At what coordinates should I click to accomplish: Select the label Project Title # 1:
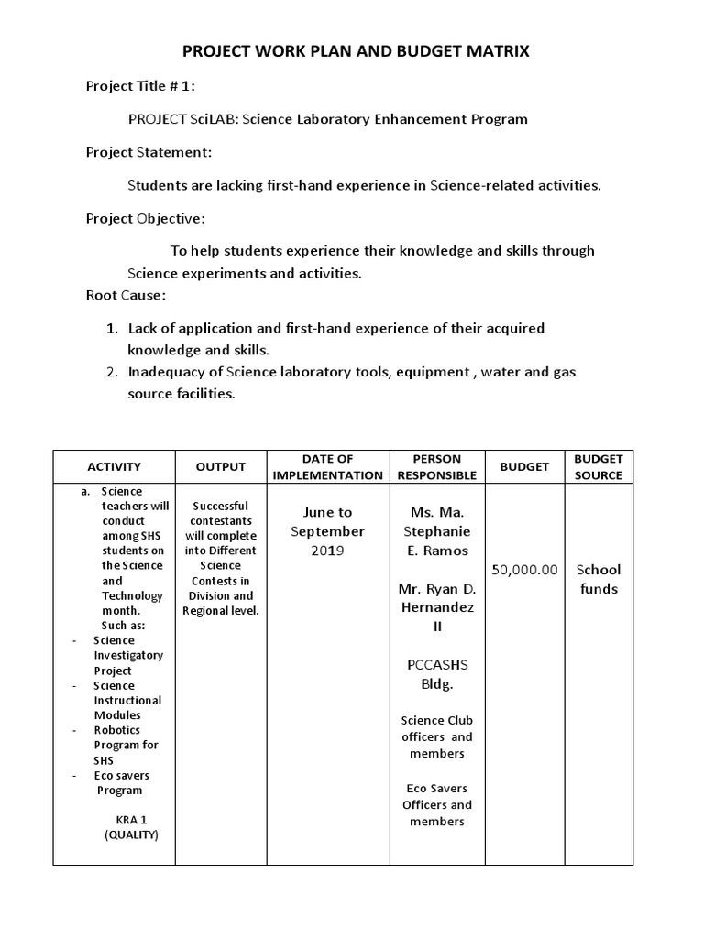pyautogui.click(x=140, y=86)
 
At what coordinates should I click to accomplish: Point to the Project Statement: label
pyautogui.click(x=148, y=152)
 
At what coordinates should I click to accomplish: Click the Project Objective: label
pyautogui.click(x=146, y=218)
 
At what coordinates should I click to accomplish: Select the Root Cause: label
pyautogui.click(x=126, y=295)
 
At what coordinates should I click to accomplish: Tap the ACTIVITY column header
pyautogui.click(x=114, y=466)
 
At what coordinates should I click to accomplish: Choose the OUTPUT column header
pyautogui.click(x=221, y=466)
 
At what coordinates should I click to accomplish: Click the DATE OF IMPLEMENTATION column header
pyautogui.click(x=327, y=466)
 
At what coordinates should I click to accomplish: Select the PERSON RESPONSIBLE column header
pyautogui.click(x=437, y=466)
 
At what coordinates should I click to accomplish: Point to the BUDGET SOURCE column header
pyautogui.click(x=599, y=466)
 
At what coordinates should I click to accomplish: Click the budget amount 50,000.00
pyautogui.click(x=524, y=570)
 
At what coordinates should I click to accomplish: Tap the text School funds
pyautogui.click(x=599, y=579)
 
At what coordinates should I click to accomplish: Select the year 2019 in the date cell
pyautogui.click(x=327, y=551)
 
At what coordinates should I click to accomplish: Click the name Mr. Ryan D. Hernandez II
pyautogui.click(x=437, y=607)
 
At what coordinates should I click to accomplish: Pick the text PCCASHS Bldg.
pyautogui.click(x=437, y=674)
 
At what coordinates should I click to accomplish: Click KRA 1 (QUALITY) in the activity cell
pyautogui.click(x=131, y=827)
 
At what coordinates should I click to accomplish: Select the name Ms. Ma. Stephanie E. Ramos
pyautogui.click(x=437, y=531)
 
